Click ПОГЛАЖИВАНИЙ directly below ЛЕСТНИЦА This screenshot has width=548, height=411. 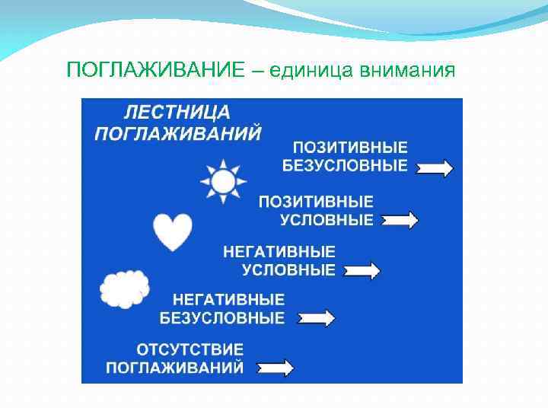tap(178, 133)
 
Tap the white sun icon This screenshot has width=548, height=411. tap(223, 182)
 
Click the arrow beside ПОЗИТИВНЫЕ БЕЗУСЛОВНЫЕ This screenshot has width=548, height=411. tap(435, 168)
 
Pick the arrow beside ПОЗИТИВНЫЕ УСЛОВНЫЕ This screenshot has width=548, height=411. tap(400, 221)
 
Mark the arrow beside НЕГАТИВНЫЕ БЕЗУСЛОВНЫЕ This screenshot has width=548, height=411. tap(315, 318)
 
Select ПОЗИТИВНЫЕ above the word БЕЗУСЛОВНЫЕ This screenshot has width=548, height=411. tap(351, 148)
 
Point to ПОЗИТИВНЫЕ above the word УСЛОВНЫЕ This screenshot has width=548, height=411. tap(316, 202)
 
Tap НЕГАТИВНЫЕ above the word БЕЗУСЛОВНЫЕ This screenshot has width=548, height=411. tap(228, 299)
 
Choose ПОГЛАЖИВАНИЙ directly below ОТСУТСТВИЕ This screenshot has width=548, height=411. tap(175, 368)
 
